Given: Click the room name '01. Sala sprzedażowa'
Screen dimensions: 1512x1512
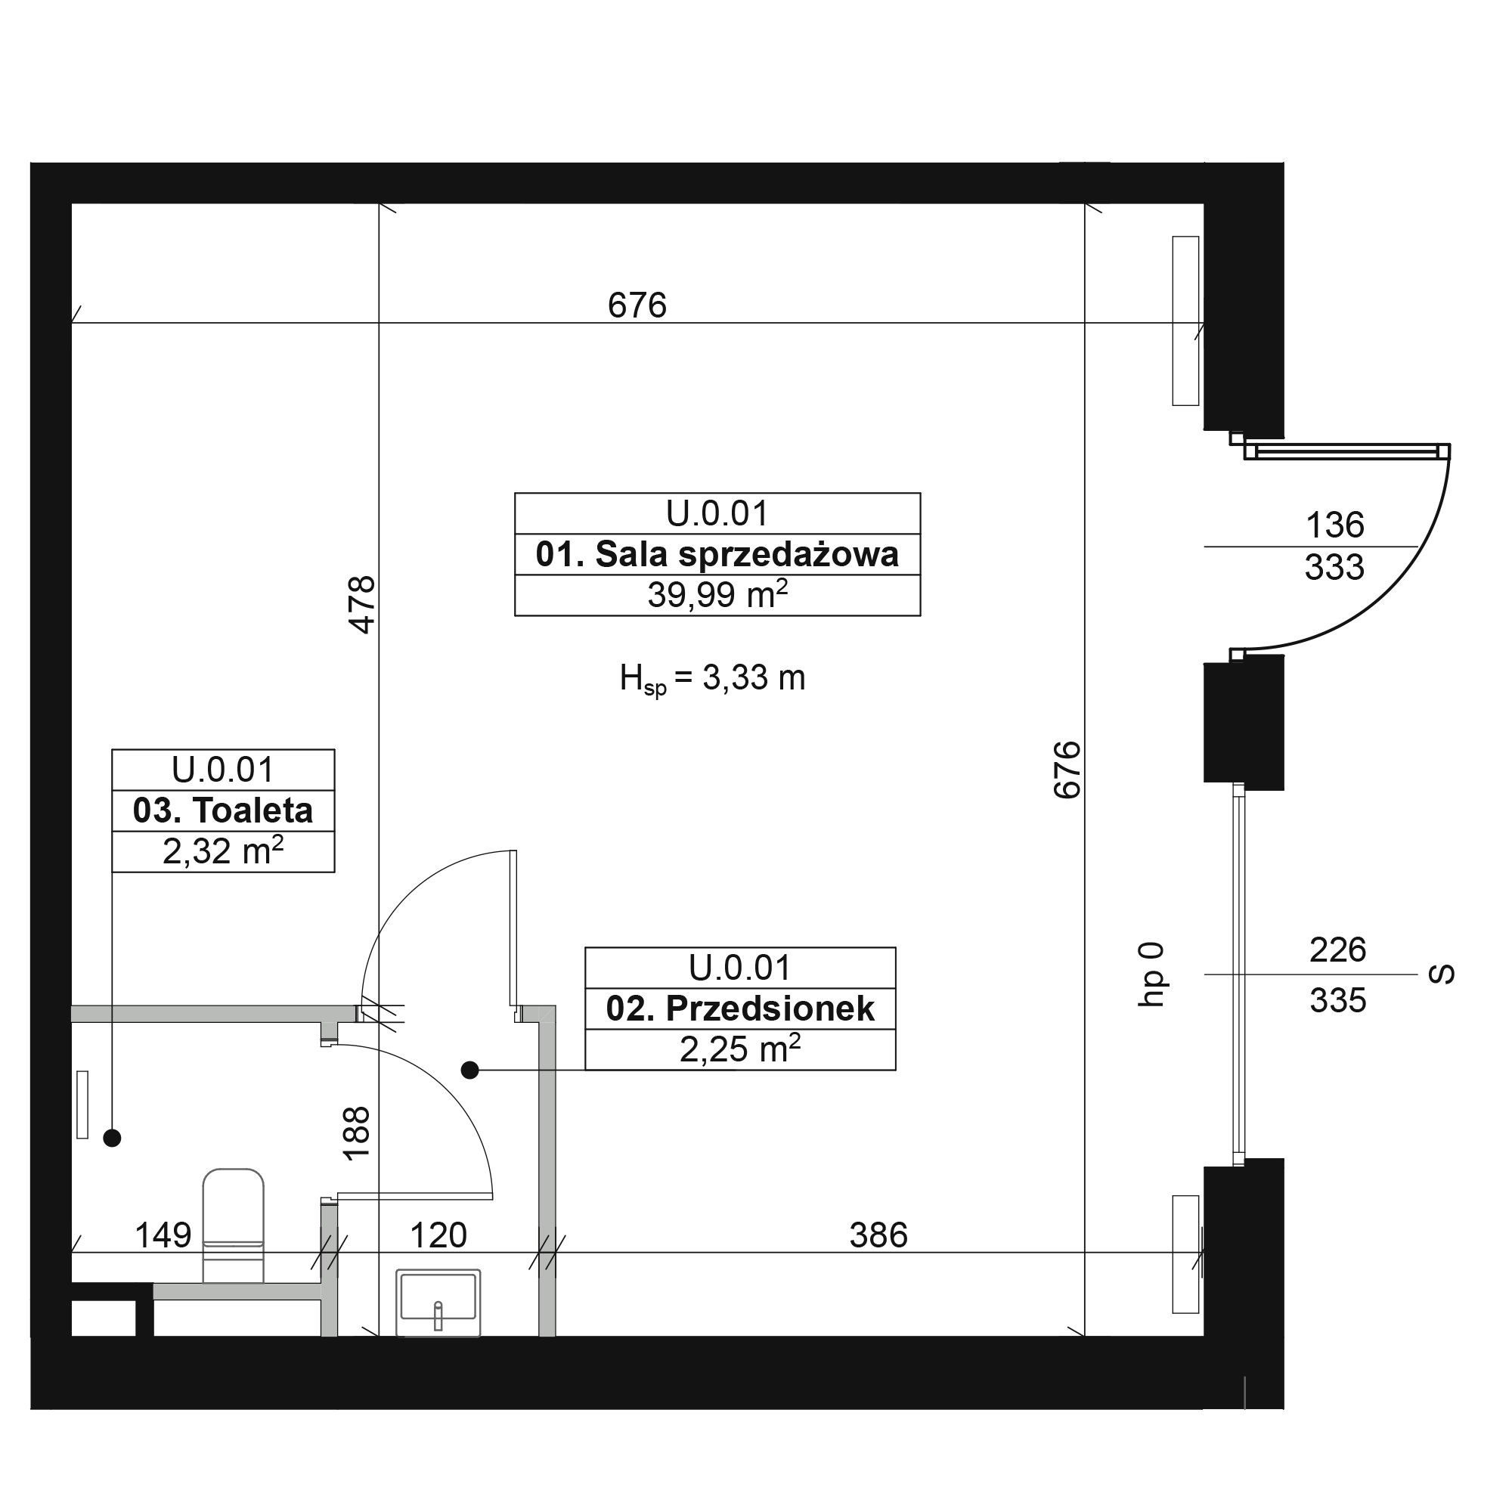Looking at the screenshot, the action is tap(717, 555).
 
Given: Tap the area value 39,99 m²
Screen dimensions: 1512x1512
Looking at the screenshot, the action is tap(717, 595).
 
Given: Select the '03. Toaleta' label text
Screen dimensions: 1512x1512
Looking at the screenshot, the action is tap(223, 810).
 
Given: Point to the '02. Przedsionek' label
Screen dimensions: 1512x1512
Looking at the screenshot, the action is tap(740, 1009).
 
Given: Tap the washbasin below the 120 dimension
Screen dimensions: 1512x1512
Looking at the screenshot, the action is tap(438, 1304).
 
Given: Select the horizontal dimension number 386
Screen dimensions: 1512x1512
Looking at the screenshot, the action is tap(878, 1236).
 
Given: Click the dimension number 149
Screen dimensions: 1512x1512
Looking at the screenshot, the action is tap(163, 1236).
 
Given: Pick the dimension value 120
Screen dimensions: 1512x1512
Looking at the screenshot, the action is tap(438, 1236).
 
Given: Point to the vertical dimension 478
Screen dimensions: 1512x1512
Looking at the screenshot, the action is tap(362, 604).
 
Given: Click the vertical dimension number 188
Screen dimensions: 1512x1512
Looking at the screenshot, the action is tap(356, 1134).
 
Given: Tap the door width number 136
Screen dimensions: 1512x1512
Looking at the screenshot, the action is tap(1334, 525).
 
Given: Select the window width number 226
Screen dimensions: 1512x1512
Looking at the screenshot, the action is tap(1337, 950).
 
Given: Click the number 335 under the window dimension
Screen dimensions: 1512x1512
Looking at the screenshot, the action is tap(1337, 1000).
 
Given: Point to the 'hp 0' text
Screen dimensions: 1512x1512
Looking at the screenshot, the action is tap(1151, 974).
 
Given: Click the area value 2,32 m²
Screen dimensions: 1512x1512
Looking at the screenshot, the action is tap(223, 850).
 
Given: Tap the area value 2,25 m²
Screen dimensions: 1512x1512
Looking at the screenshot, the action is tap(739, 1049).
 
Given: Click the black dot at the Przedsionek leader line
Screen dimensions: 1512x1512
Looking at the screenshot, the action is tap(469, 1070).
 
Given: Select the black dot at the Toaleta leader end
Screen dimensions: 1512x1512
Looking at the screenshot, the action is tap(112, 1138).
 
